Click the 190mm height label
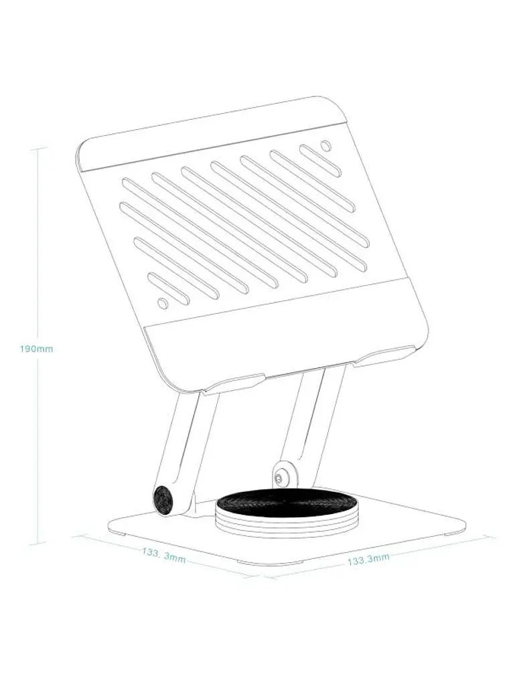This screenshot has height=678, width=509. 36,349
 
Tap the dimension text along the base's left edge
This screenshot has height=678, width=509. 163,556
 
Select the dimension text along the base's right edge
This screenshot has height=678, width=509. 368,559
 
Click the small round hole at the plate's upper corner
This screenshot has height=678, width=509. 325,145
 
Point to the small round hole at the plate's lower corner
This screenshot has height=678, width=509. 163,304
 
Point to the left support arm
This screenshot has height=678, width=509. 181,450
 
